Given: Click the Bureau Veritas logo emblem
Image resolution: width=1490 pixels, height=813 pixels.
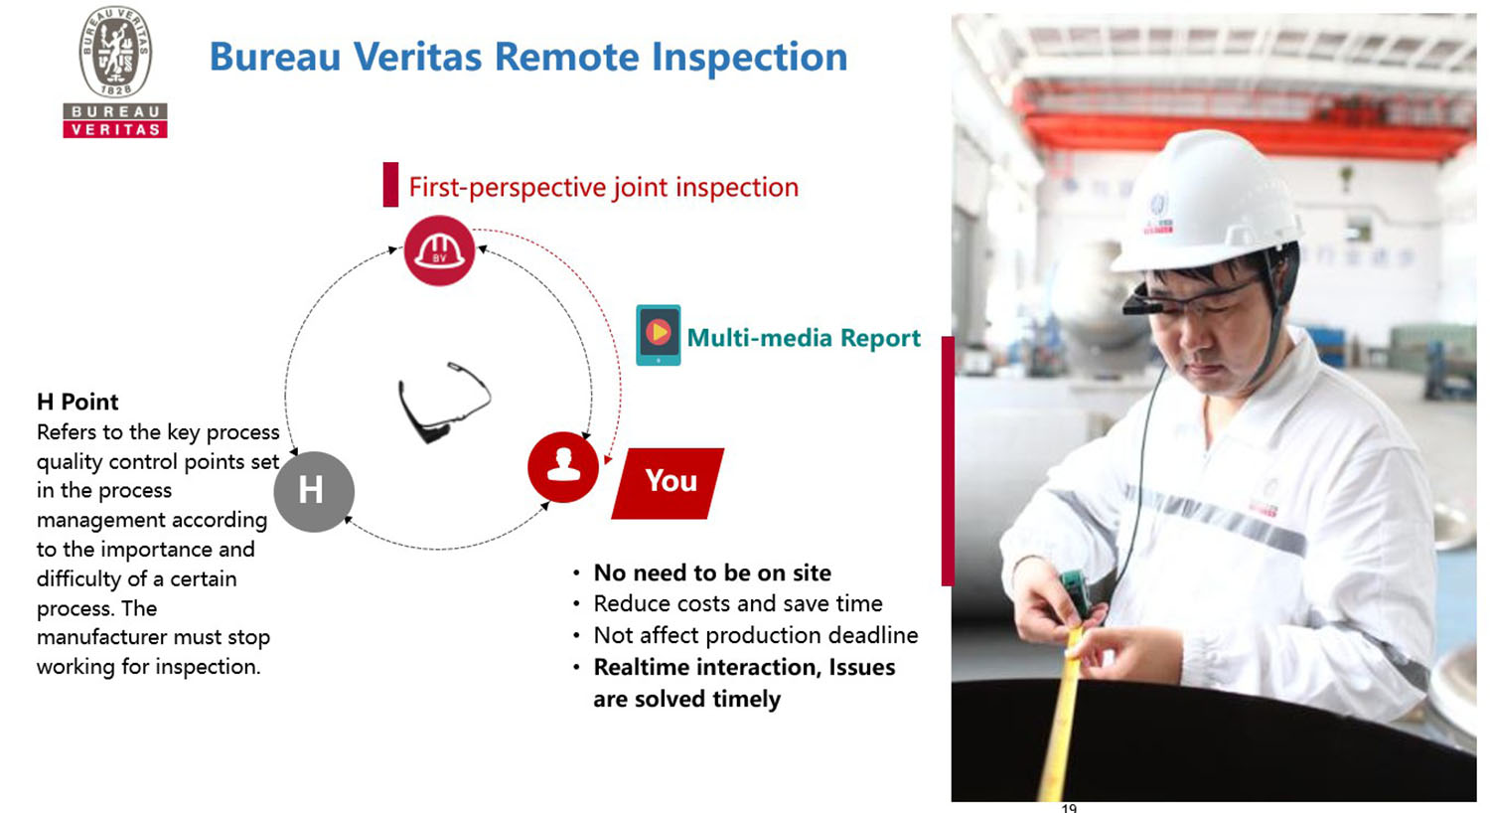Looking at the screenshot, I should point(115,53).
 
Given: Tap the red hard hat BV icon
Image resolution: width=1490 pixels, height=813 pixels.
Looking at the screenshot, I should point(439,250).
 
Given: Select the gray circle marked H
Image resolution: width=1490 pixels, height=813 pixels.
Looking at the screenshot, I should point(313,491).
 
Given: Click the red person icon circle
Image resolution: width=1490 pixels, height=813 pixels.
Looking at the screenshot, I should point(563,466).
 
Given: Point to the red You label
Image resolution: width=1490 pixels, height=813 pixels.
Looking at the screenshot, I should point(670,482).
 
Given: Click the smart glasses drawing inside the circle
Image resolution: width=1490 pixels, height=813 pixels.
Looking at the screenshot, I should point(442,402).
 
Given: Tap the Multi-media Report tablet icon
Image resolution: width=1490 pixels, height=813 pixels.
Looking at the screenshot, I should point(658,335).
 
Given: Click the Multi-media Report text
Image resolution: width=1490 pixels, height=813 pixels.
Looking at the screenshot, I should point(804,338).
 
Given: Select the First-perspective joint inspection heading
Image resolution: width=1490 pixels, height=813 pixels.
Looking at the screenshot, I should point(603,187).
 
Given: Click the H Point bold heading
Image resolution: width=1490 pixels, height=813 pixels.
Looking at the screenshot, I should point(77,402).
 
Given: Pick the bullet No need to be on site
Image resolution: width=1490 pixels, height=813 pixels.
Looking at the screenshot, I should point(711,572).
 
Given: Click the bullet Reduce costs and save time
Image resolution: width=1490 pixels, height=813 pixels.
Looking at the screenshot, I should point(737,603).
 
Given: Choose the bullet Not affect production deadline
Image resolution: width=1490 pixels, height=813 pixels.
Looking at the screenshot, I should point(755,635).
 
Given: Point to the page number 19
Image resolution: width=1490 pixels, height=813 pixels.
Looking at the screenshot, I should point(1069,807).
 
